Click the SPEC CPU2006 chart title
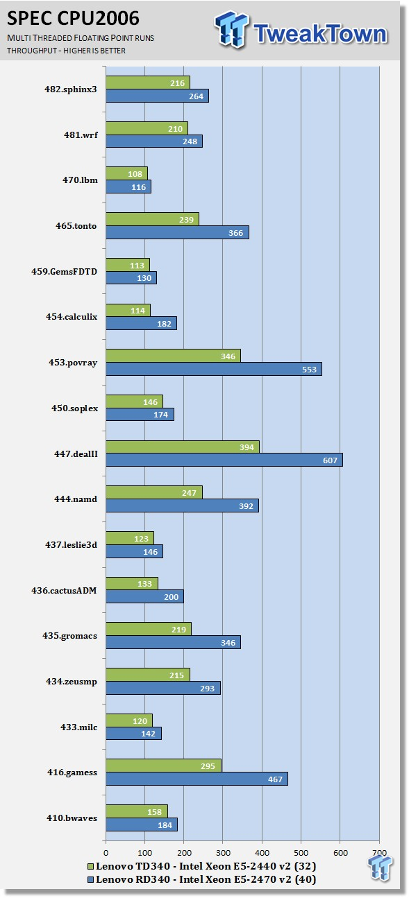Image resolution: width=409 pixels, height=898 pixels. click(x=73, y=19)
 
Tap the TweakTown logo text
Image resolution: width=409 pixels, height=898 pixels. click(x=320, y=33)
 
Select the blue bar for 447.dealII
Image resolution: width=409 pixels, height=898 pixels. click(x=224, y=460)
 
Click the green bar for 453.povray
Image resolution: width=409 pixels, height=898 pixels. click(x=174, y=356)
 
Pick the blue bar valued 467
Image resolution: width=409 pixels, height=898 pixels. click(x=197, y=779)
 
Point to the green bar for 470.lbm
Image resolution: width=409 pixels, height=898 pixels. click(x=127, y=173)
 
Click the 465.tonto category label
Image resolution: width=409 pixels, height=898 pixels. click(x=76, y=225)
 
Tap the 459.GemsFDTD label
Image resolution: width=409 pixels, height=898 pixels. click(x=64, y=271)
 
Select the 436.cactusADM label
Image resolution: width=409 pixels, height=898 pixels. click(x=64, y=591)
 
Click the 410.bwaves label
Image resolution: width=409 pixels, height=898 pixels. click(x=72, y=818)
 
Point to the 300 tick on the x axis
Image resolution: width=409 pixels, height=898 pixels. click(x=223, y=853)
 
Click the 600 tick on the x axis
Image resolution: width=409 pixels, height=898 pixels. click(x=340, y=853)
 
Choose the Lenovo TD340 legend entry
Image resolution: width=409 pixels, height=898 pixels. click(x=202, y=866)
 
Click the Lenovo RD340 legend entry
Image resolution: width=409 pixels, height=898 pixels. click(x=202, y=879)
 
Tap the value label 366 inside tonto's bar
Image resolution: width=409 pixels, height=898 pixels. click(x=235, y=232)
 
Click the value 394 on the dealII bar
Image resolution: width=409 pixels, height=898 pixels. click(x=247, y=447)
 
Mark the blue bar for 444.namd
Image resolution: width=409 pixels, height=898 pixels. click(x=182, y=506)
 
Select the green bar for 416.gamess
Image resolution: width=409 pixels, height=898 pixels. click(x=163, y=766)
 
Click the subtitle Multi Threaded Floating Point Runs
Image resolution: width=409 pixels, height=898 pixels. click(x=81, y=38)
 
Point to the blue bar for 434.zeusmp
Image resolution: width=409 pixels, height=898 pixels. click(x=163, y=688)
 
